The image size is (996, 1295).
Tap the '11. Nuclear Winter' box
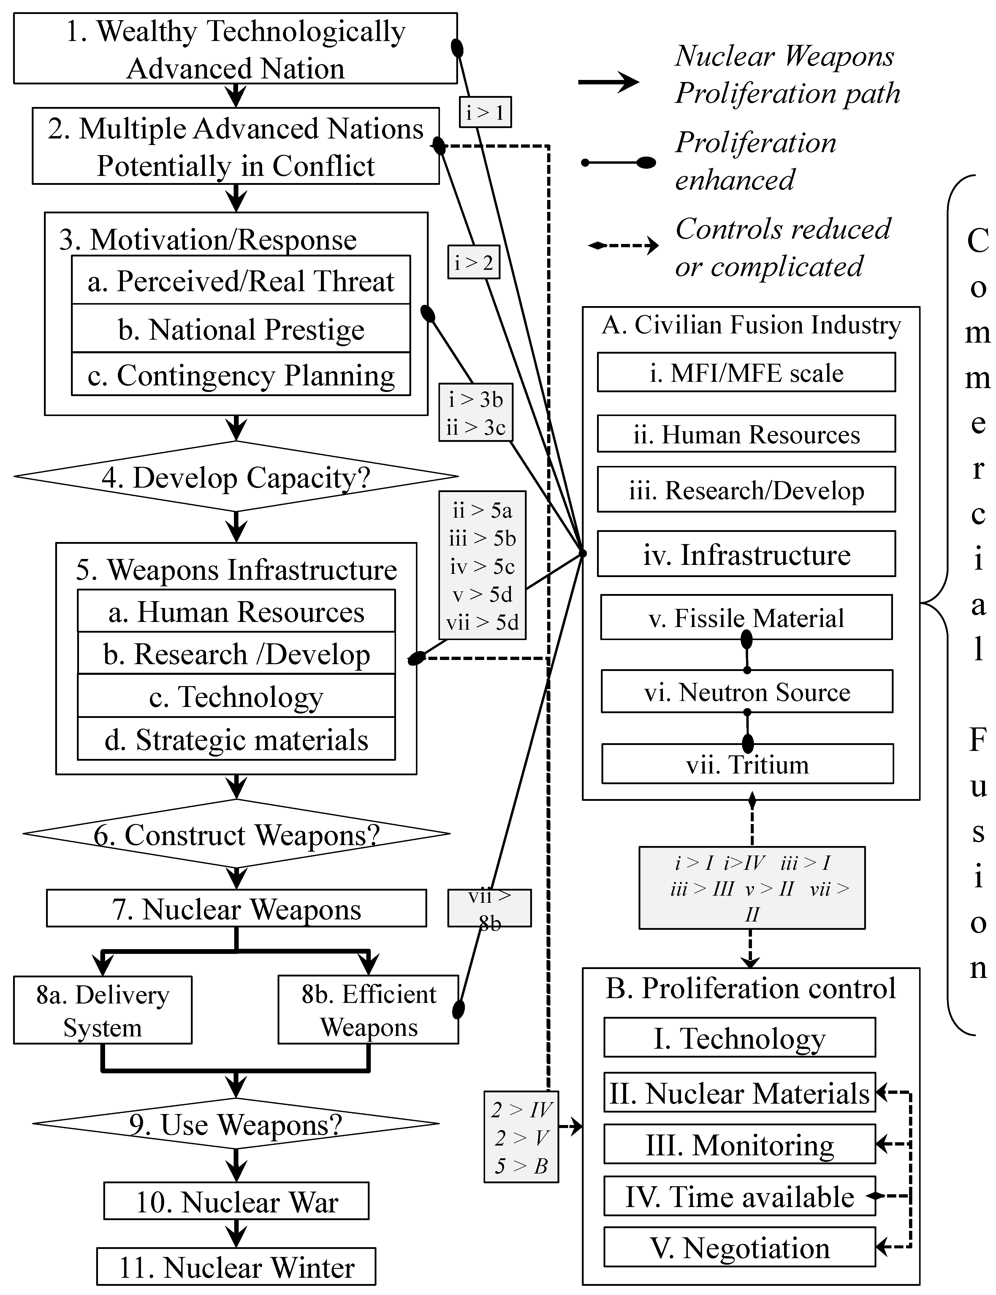point(236,1267)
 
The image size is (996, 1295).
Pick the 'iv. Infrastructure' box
point(746,554)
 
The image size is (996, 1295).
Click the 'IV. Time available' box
point(739,1196)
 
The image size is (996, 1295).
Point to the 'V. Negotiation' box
point(739,1246)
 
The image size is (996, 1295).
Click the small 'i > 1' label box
point(485,111)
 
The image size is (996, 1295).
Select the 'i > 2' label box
point(474,261)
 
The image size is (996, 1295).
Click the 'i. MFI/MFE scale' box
point(746,372)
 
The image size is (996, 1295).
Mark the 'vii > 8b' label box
point(489,907)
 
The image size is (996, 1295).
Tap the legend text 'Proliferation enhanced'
point(756,161)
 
